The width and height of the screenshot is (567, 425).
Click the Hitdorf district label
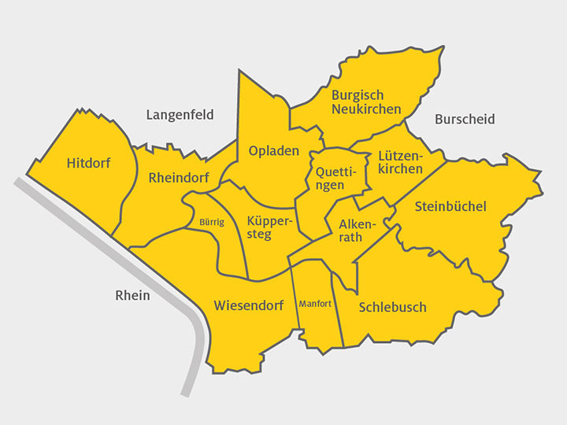tap(89, 164)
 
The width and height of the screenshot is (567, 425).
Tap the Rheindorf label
tap(179, 178)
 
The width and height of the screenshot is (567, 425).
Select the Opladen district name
tap(274, 151)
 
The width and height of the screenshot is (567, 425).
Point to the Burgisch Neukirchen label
tap(366, 102)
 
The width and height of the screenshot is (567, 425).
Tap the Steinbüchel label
tap(450, 206)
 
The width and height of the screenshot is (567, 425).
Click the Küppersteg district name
tap(269, 227)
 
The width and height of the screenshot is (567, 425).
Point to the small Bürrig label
tap(212, 222)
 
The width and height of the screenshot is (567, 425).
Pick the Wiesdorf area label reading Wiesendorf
tap(249, 305)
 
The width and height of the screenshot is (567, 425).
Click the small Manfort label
tap(316, 303)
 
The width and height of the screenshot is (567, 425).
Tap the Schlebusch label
tap(392, 307)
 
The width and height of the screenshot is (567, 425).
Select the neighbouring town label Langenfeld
tap(180, 115)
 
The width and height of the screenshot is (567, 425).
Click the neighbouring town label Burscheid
tap(465, 120)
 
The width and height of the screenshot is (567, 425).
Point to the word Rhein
tap(132, 295)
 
